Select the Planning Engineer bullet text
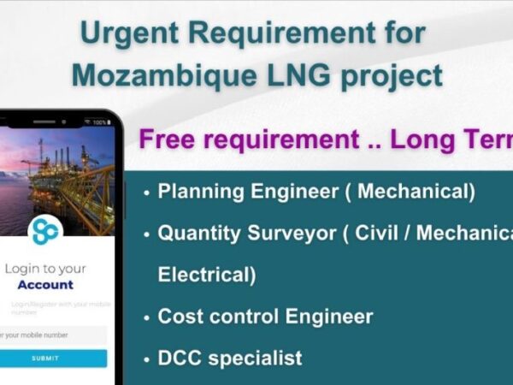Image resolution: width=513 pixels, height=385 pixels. click(x=316, y=192)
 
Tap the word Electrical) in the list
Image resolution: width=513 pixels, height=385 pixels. click(x=206, y=274)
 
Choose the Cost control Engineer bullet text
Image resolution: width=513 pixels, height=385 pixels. click(x=265, y=316)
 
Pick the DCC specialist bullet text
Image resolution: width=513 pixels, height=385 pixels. click(x=230, y=357)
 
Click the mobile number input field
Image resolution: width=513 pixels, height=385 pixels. click(x=53, y=335)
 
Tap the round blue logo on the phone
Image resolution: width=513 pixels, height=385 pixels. click(x=44, y=230)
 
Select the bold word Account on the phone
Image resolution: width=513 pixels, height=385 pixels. click(x=45, y=284)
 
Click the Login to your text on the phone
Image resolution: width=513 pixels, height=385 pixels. click(x=45, y=268)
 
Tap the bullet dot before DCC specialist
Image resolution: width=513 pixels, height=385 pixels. click(x=147, y=358)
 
